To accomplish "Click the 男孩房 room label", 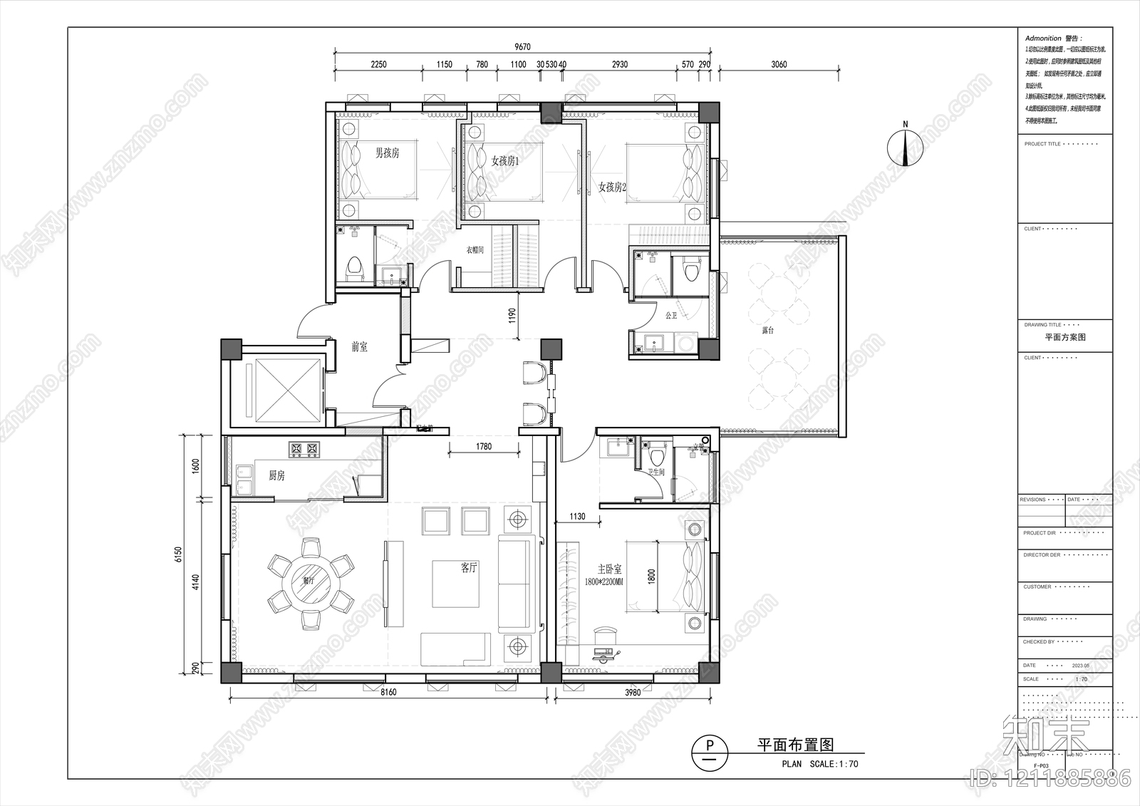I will point(387,153).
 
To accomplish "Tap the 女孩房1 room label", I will point(505,161).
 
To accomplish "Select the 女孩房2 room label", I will point(612,187).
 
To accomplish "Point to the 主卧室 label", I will point(609,569).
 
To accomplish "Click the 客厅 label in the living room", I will point(468,568).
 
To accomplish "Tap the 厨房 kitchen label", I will point(276,475).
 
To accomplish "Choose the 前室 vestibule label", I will point(359,347).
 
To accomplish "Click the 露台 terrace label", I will point(767,331).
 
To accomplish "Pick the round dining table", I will point(311,584).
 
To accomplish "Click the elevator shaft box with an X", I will point(284,390).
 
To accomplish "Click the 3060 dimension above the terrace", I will point(779,64).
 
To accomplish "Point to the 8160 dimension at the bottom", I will point(388,692).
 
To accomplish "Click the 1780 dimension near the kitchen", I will point(484,447).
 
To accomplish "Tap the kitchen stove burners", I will point(304,449).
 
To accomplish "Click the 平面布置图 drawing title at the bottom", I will point(794,745).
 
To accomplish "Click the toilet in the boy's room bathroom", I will point(354,268).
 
